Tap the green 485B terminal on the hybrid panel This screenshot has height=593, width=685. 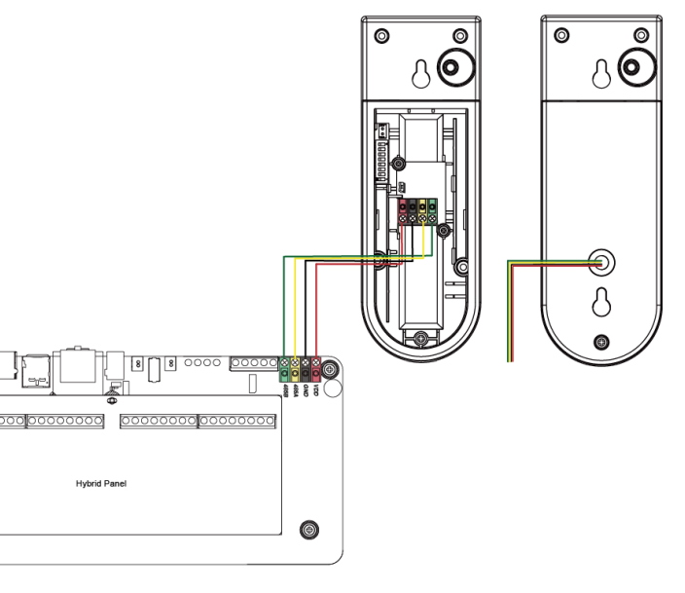[x=283, y=369]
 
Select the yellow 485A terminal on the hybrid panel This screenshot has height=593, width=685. [x=294, y=369]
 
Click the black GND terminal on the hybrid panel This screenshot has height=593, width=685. [x=305, y=369]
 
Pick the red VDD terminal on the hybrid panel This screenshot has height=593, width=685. [x=315, y=369]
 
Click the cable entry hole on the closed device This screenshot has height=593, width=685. [x=601, y=260]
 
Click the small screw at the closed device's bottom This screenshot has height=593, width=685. [x=601, y=341]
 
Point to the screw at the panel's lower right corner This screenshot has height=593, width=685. [x=309, y=530]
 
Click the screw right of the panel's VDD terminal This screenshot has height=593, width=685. [x=330, y=370]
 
